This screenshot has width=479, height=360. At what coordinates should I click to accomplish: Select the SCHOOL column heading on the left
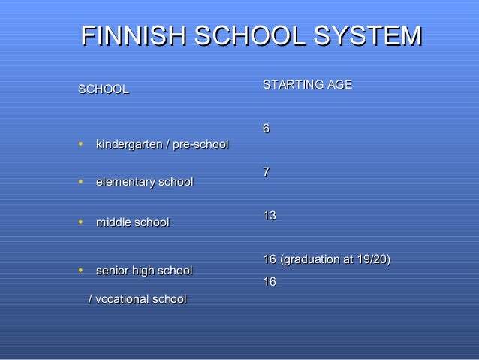click(x=104, y=89)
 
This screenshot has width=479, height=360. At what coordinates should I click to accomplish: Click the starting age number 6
click(x=266, y=129)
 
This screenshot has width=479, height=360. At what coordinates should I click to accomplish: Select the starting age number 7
click(x=266, y=172)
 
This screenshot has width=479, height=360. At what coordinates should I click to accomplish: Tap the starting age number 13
click(x=270, y=216)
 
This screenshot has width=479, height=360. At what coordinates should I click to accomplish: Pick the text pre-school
click(x=200, y=144)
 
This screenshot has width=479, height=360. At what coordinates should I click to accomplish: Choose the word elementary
click(x=125, y=182)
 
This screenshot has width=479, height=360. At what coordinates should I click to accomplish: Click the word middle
click(x=113, y=222)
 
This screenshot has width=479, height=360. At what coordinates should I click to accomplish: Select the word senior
click(x=113, y=270)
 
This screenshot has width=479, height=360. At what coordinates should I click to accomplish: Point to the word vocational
click(x=122, y=299)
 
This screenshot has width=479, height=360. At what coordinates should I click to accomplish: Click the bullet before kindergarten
click(x=80, y=143)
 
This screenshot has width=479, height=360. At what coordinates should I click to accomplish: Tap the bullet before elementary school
click(x=80, y=181)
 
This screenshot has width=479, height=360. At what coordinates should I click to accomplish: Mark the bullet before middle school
click(x=80, y=222)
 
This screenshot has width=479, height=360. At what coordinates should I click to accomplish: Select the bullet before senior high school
click(x=80, y=269)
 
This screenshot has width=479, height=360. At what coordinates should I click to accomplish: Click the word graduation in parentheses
click(x=308, y=259)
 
